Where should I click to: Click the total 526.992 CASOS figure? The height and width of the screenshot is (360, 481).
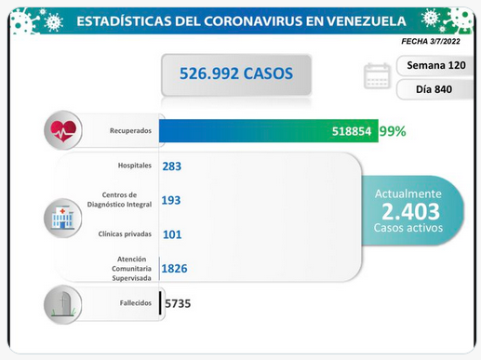[x=236, y=73]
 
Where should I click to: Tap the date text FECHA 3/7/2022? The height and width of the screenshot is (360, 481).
[x=431, y=41]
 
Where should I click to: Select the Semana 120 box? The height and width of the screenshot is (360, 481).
[x=434, y=65]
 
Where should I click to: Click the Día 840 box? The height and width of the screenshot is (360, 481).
[x=434, y=89]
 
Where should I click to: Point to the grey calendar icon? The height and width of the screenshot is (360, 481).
[x=377, y=75]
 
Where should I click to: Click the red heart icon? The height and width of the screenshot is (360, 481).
[x=63, y=130]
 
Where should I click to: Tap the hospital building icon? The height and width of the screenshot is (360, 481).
[x=63, y=218]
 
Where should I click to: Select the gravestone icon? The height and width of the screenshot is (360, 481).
[x=63, y=304]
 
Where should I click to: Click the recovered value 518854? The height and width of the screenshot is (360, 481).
[x=352, y=131]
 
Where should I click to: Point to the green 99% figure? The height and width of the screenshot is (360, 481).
[x=393, y=131]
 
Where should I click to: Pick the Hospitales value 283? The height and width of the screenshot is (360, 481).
[x=172, y=167]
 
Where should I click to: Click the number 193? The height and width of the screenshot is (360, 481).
[x=171, y=200]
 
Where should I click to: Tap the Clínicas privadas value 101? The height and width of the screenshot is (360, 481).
[x=172, y=234]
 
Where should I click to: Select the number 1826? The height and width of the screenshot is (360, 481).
[x=174, y=269]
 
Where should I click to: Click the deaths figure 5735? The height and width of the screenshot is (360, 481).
[x=178, y=303]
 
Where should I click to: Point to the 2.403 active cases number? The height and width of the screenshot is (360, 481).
[x=410, y=211]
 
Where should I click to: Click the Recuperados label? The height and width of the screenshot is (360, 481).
[x=130, y=130]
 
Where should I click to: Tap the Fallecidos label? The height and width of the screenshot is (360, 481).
[x=136, y=303]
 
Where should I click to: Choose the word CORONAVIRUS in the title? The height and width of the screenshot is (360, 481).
[x=253, y=21]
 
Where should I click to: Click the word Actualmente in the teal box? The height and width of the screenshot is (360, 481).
[x=408, y=193]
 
